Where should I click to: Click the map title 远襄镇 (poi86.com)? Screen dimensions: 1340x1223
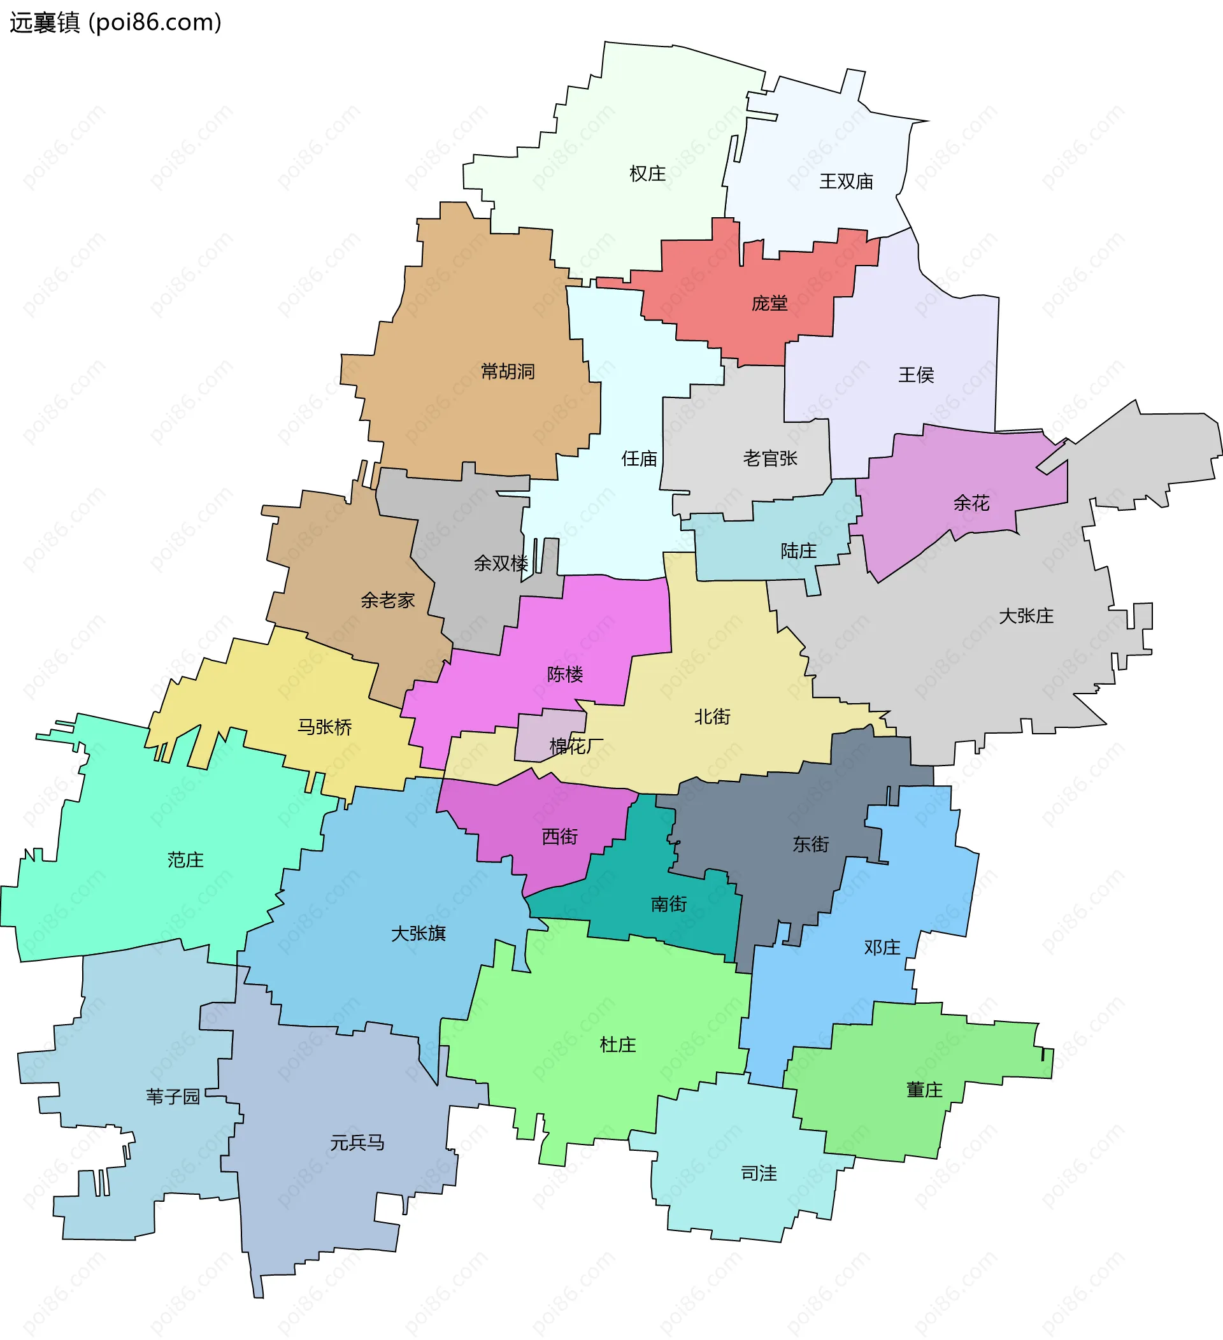(x=115, y=22)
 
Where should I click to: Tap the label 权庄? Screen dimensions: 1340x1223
(x=647, y=174)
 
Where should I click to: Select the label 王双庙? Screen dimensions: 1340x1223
(x=845, y=182)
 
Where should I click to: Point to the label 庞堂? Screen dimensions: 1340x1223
(x=769, y=304)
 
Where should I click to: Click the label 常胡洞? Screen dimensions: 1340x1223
(x=507, y=371)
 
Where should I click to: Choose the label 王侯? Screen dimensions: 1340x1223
(x=916, y=376)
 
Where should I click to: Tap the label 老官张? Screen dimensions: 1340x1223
(x=769, y=459)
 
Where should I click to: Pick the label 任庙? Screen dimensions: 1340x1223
(x=639, y=459)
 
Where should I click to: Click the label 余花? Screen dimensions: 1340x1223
(x=971, y=503)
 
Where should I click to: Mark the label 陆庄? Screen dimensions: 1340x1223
(x=798, y=551)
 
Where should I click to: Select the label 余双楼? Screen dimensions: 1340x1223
(x=501, y=564)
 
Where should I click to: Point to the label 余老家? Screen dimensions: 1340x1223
(x=387, y=600)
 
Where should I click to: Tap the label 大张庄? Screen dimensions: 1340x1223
(x=1026, y=616)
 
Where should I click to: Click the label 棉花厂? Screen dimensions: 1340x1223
(x=576, y=746)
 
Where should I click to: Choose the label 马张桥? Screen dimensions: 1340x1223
(x=324, y=727)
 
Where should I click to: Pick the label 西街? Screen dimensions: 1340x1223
(x=560, y=837)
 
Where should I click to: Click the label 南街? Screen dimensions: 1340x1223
(x=669, y=904)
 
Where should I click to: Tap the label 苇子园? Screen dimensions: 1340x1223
(x=173, y=1097)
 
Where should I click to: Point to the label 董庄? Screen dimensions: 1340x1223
(x=924, y=1090)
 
